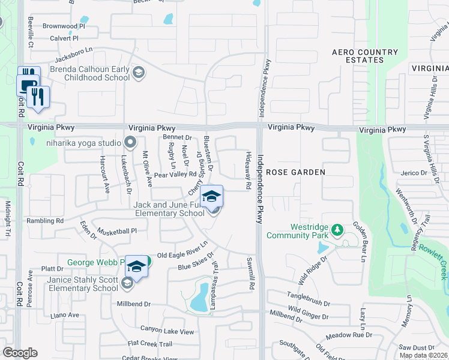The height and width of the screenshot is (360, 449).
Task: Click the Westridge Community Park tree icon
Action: click(x=337, y=230)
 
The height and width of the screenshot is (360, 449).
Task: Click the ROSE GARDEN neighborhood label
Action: click(x=295, y=172)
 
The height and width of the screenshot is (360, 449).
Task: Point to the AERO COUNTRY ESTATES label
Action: click(x=366, y=56)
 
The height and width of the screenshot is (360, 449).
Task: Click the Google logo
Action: click(x=20, y=353)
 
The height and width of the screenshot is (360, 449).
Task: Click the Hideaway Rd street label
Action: click(x=247, y=170)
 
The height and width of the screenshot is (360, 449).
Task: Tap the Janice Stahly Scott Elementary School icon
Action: click(x=127, y=283)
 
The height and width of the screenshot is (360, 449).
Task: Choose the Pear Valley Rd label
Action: click(x=175, y=175)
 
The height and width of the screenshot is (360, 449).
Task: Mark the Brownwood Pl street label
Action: click(x=64, y=26)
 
